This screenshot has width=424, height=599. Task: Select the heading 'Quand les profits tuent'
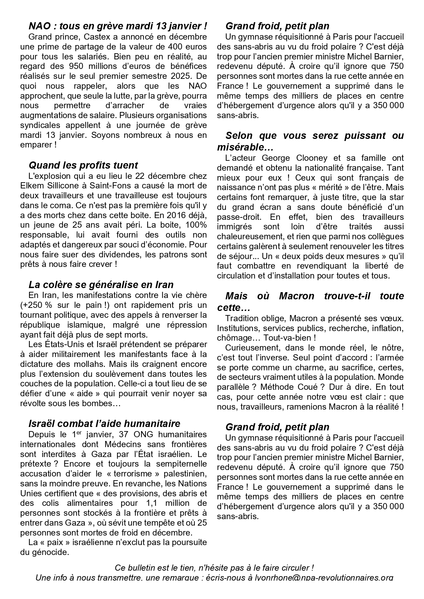coord(83,165)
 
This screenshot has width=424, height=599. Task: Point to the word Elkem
coord(31,186)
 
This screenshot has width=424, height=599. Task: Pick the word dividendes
coord(122,255)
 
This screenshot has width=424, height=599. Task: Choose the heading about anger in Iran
coord(101,285)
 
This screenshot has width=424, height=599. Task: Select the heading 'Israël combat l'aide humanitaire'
coord(104,424)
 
